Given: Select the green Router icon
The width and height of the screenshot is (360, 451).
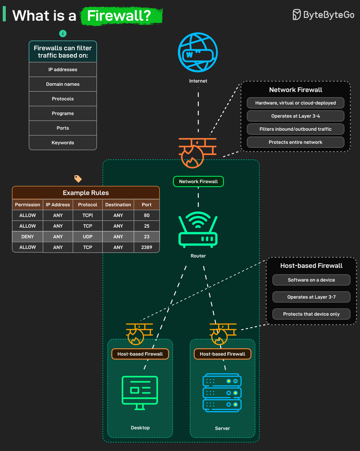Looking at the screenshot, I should pos(198,230).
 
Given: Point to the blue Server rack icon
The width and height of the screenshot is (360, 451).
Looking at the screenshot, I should pos(222,392).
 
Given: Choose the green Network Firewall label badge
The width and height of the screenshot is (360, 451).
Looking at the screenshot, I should pos(198,182).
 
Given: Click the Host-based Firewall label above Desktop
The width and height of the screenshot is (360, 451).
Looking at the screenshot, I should pos(140,354).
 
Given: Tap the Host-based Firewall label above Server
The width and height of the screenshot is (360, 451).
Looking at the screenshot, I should pos(222,354).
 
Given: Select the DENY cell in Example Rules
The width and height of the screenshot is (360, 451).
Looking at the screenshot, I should pos(27,237).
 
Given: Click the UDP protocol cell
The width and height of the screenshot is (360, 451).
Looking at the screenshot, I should pos(88,237).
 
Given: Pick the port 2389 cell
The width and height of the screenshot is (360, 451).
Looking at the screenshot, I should pos(147,247).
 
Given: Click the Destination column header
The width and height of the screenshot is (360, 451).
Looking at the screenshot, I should pos(118,205).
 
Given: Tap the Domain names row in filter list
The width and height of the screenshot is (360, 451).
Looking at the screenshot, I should pos(63,84).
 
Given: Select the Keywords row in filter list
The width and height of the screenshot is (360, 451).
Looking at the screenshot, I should pos(63,143).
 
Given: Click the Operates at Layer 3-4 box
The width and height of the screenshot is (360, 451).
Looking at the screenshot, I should pos(295,116).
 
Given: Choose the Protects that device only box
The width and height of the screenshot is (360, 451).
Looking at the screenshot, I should pos(311,314).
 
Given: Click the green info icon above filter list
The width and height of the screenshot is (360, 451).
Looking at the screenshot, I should pos(63,33).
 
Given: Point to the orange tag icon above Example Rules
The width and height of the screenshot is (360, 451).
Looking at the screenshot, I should pos(78,179).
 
